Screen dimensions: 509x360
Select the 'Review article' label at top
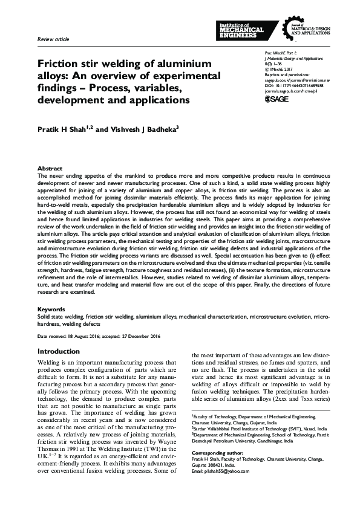coord(53,39)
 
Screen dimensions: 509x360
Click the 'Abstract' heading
coord(49,168)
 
